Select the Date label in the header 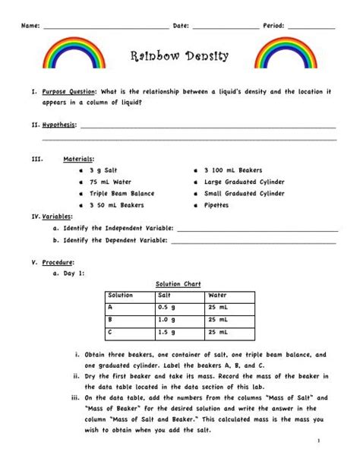[x=181, y=26]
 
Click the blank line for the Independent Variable [x=257, y=228]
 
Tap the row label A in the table [x=111, y=307]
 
